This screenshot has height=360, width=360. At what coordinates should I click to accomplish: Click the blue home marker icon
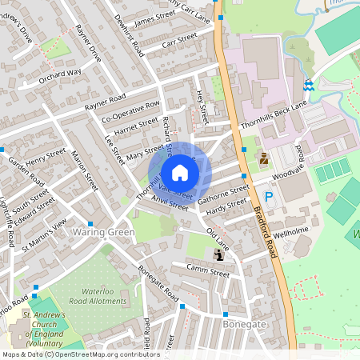click(x=180, y=172)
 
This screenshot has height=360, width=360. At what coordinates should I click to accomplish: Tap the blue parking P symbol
click(x=269, y=196)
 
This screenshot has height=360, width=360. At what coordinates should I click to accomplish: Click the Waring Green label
click(x=104, y=232)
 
